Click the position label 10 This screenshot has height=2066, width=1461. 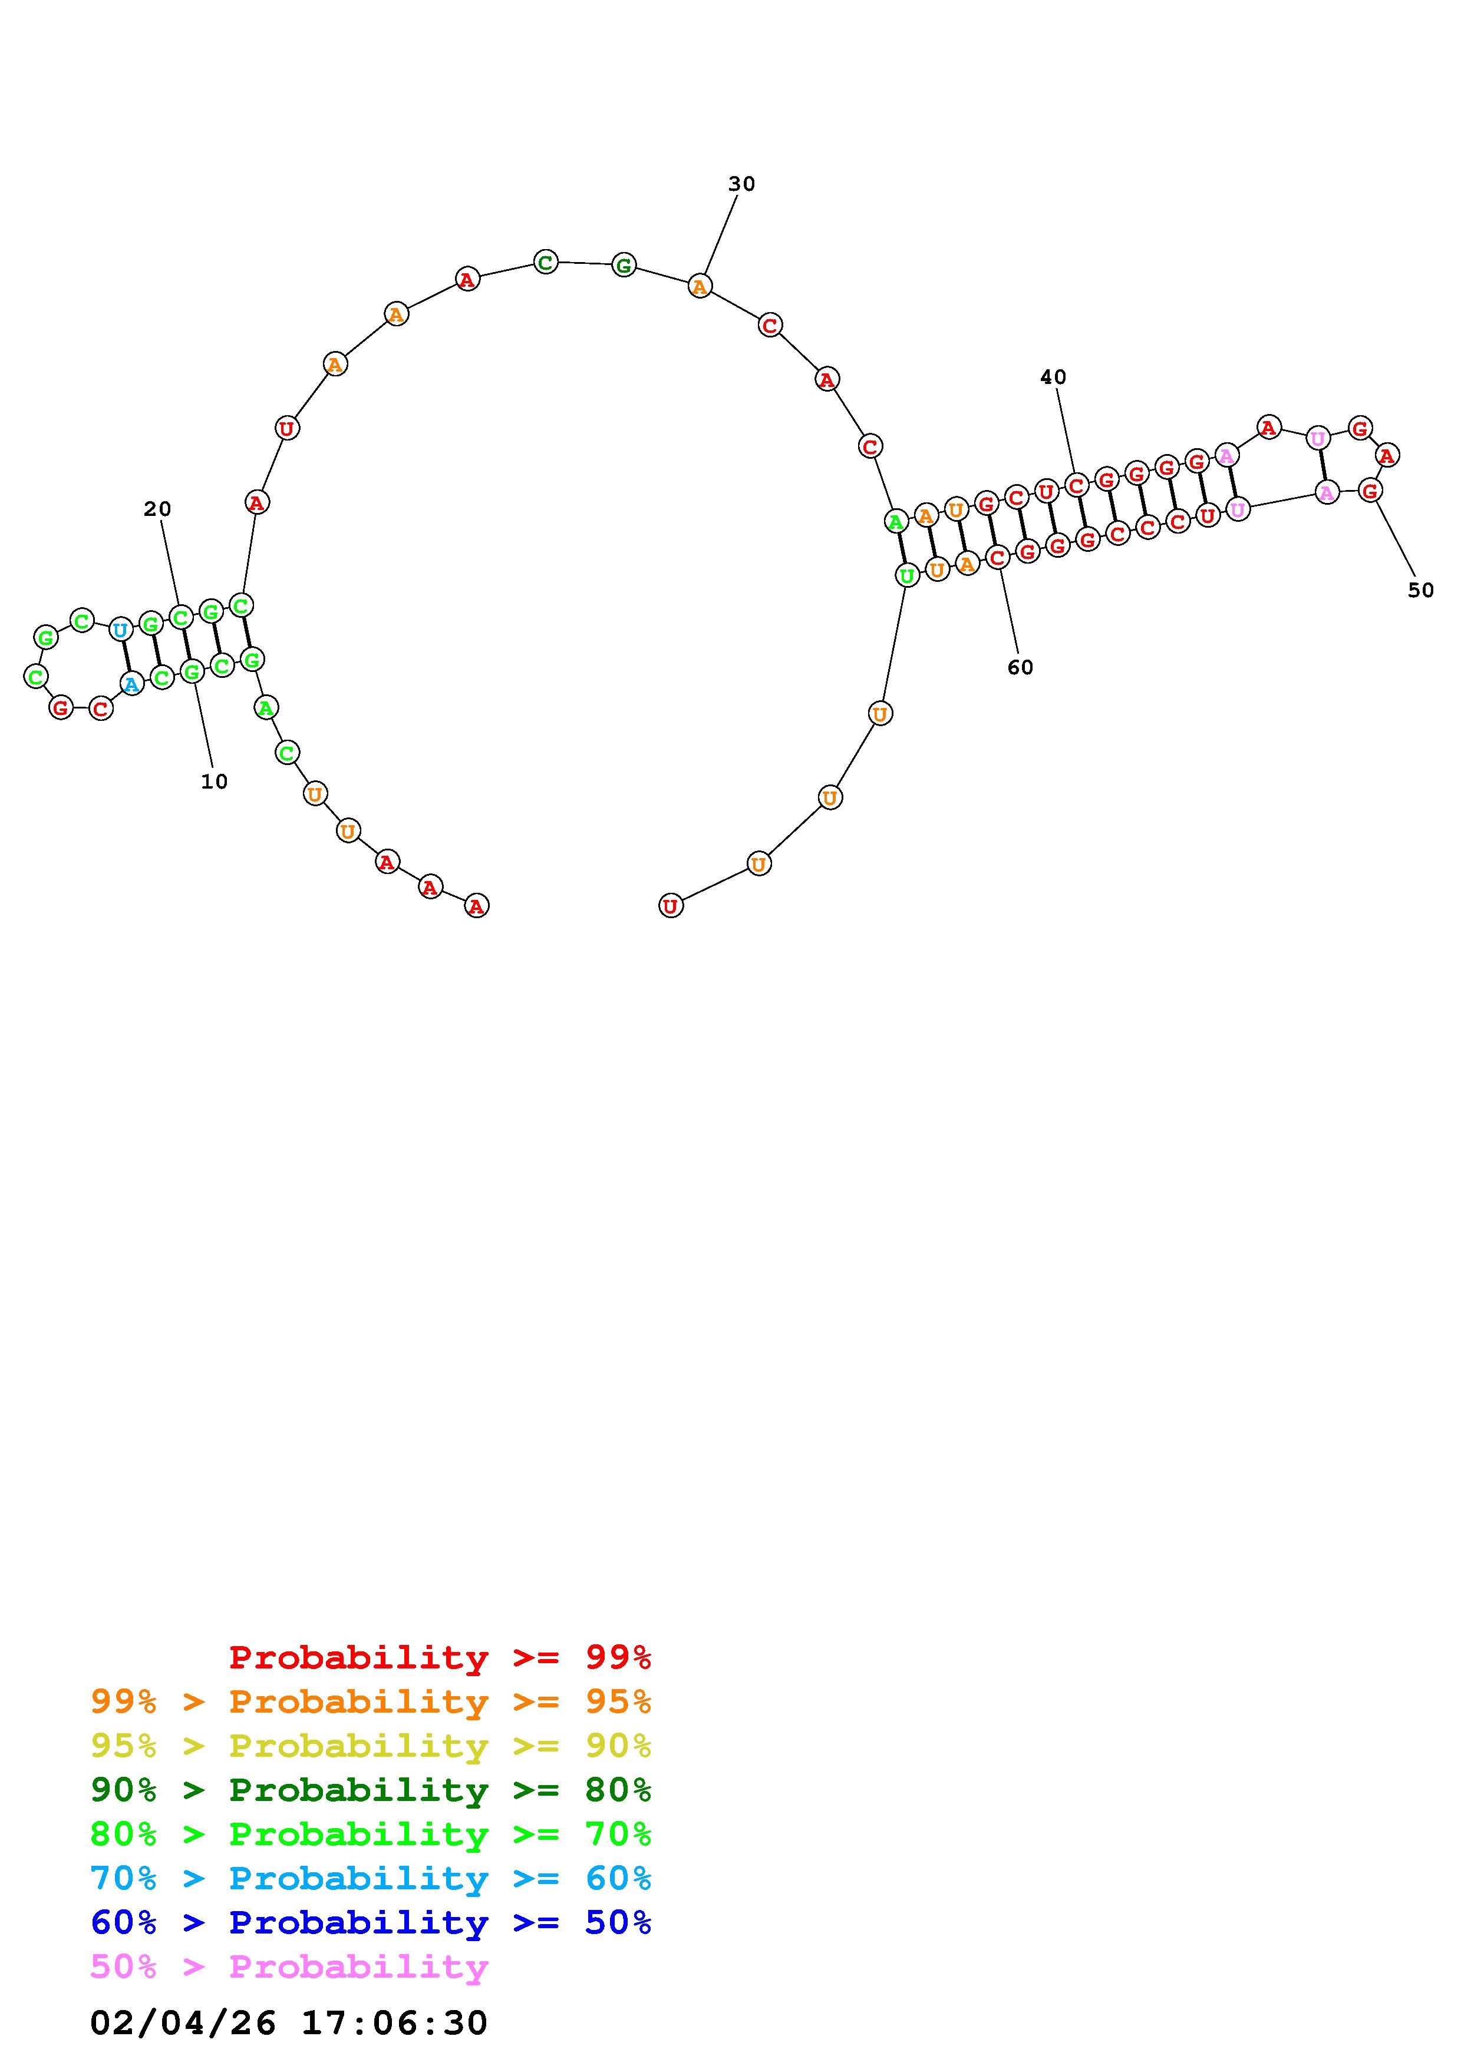point(215,782)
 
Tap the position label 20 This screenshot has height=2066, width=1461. point(157,509)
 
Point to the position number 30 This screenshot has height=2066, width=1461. point(742,184)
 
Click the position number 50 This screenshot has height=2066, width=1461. point(1420,590)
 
